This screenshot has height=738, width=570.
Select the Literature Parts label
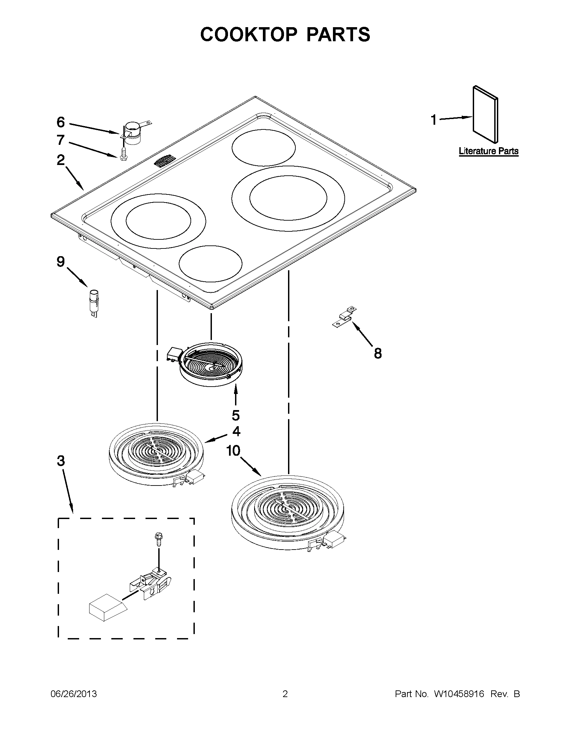[488, 151]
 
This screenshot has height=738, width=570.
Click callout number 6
[60, 122]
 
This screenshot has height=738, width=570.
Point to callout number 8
[378, 353]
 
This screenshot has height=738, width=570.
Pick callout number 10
[233, 450]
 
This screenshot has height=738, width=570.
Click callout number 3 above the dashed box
[61, 461]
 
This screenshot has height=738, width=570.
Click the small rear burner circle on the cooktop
[264, 148]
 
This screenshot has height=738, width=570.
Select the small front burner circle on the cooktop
[211, 264]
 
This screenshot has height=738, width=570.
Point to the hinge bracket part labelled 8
[344, 317]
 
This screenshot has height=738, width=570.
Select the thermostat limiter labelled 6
[132, 133]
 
